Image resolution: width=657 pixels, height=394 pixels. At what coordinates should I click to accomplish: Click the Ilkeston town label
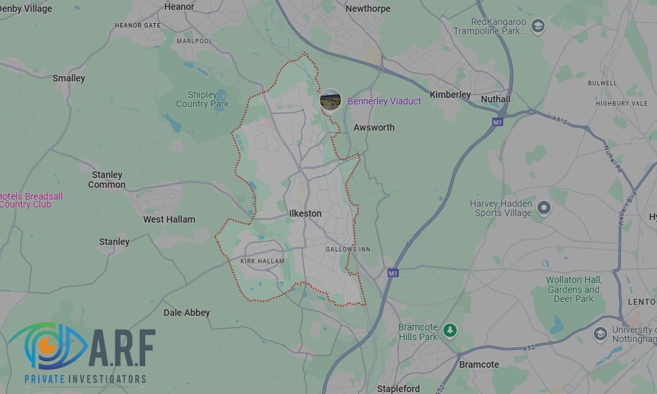coord(306,213)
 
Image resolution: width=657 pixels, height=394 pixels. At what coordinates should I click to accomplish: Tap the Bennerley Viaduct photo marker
coord(330,100)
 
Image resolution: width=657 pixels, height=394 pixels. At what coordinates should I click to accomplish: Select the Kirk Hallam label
coord(262,261)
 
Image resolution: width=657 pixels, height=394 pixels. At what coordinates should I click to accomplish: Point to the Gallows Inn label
coord(348,250)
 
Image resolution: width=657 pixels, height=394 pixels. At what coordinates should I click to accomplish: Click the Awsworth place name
coord(374,127)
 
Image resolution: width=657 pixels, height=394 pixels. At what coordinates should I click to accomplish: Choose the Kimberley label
coord(450,95)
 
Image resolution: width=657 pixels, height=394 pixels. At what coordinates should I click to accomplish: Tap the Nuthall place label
coord(495,99)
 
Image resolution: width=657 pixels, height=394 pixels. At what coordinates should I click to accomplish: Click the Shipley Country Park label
coord(202,99)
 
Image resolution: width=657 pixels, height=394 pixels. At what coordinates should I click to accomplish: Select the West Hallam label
coord(169,219)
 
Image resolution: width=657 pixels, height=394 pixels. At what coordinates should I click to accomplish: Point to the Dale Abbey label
coord(187,313)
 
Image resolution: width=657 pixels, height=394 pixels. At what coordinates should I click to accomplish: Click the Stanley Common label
coord(107,180)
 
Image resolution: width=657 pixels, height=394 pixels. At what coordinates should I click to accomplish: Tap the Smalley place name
coord(69,78)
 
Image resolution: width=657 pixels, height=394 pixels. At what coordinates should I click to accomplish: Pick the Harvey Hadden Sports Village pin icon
coord(543,209)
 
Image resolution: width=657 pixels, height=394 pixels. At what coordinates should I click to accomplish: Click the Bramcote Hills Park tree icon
coord(449,330)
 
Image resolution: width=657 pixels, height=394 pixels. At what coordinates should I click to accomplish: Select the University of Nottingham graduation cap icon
coord(600,334)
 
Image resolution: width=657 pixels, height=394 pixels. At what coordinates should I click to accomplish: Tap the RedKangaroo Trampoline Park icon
coord(538,27)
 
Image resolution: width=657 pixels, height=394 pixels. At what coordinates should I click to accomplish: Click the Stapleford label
coord(399,389)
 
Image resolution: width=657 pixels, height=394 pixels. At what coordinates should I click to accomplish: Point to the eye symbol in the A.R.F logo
coord(46,345)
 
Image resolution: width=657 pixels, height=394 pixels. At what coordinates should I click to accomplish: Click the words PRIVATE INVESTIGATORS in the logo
coord(85,379)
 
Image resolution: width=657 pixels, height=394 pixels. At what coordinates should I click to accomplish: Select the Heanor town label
coord(179,7)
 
